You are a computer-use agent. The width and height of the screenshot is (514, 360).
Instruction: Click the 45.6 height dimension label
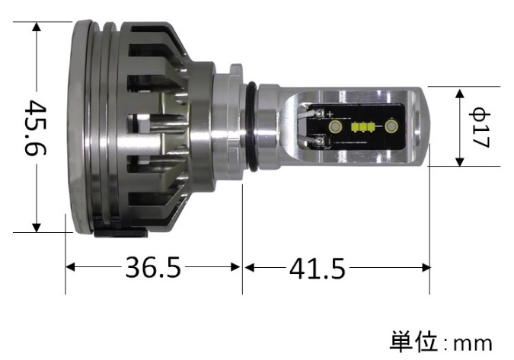click(x=35, y=128)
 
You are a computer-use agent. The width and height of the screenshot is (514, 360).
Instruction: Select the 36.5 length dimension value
click(x=153, y=268)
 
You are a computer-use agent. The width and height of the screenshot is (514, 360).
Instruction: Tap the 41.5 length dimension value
click(x=318, y=269)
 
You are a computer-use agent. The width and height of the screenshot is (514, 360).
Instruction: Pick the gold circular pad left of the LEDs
click(x=335, y=126)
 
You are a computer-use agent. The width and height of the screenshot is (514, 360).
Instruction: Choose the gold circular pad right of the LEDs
click(x=391, y=126)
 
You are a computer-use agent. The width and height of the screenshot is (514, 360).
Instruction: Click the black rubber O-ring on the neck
click(x=252, y=126)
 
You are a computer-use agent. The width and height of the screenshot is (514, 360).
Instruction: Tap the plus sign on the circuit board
click(x=330, y=114)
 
